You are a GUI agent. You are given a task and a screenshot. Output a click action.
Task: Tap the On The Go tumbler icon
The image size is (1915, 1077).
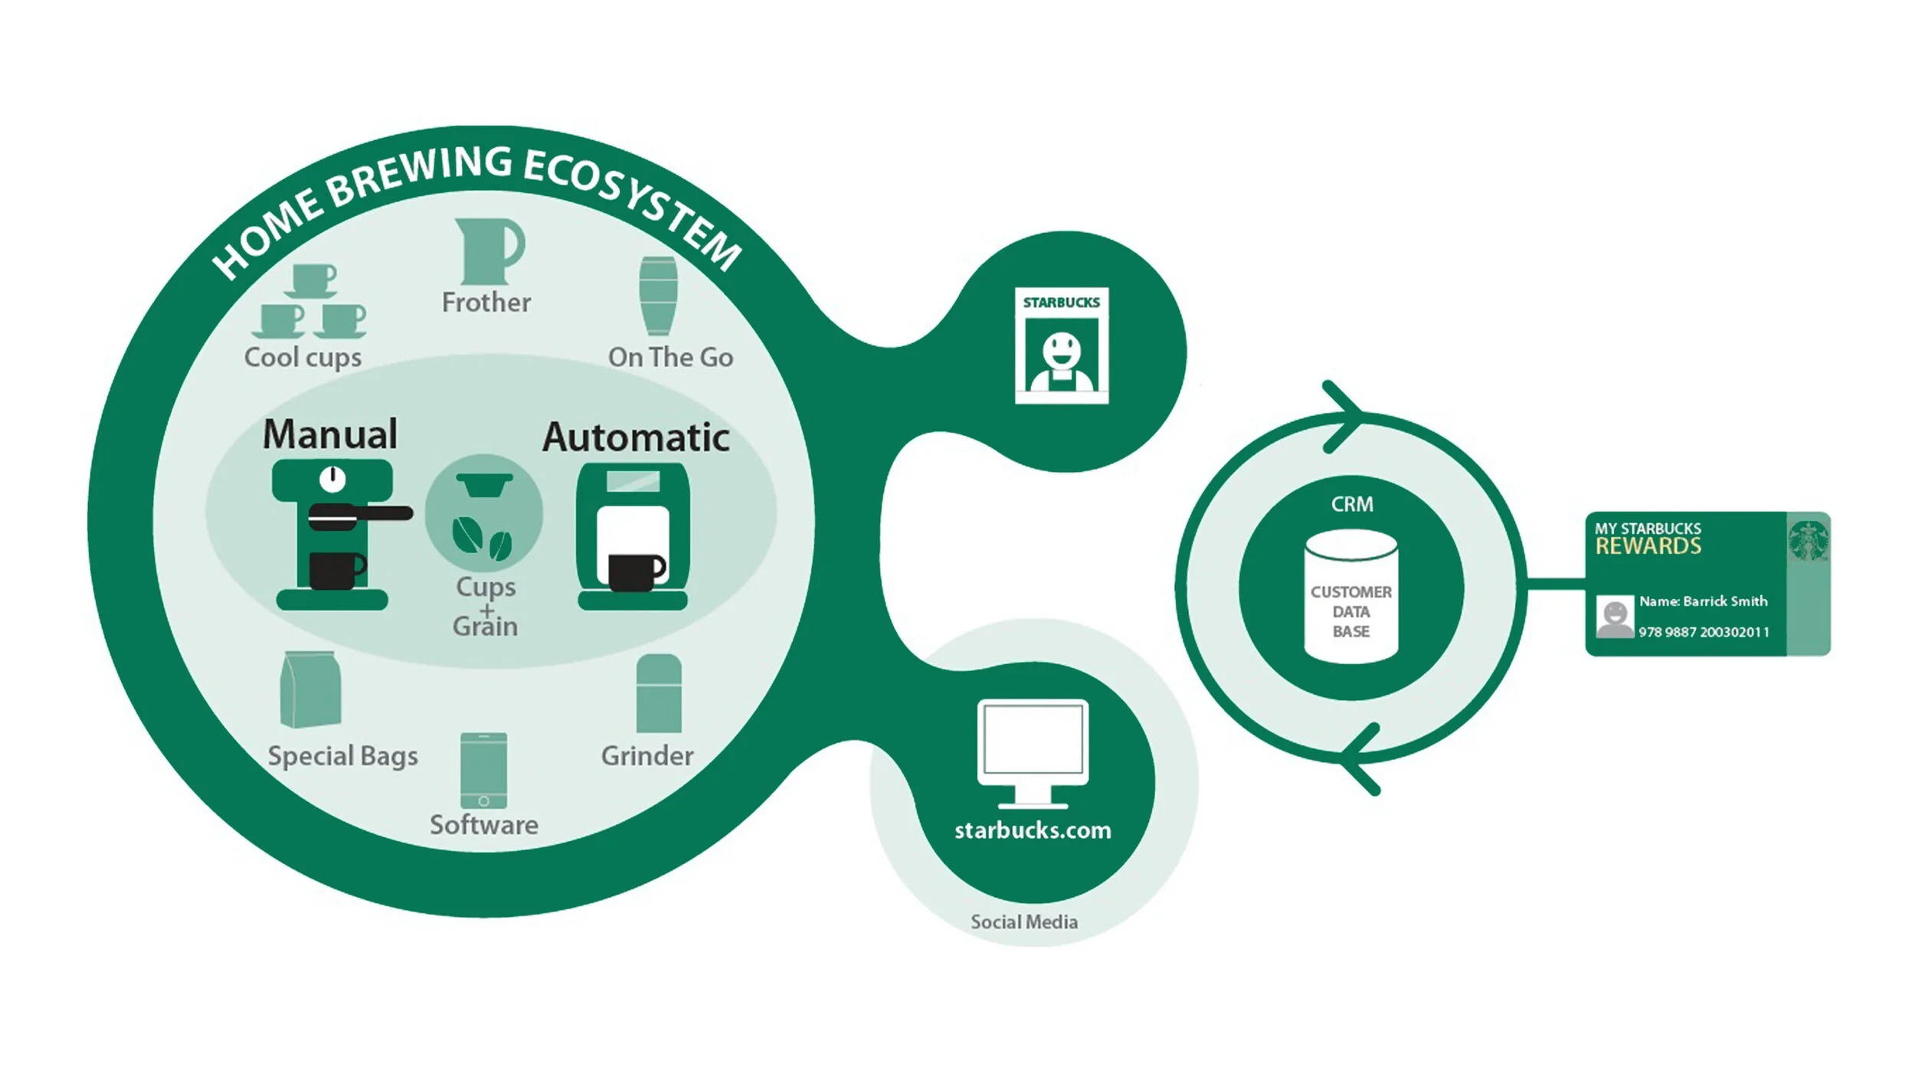(658, 296)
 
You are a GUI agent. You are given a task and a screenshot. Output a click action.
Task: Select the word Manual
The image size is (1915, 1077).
(330, 434)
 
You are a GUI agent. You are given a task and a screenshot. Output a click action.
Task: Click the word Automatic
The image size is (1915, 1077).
(636, 437)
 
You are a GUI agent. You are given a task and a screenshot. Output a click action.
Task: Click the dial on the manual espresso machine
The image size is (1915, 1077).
(332, 479)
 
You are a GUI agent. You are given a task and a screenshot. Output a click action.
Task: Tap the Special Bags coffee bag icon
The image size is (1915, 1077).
(310, 690)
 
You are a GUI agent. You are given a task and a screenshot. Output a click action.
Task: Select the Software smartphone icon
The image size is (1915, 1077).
(483, 771)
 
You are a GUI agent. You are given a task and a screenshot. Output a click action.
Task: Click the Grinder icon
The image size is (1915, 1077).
(658, 694)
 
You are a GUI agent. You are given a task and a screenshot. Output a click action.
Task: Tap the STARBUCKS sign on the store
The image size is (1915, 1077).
(1061, 303)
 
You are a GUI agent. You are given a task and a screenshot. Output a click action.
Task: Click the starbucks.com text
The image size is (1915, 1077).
(1033, 830)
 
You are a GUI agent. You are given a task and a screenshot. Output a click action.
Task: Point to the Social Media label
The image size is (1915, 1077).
(1024, 922)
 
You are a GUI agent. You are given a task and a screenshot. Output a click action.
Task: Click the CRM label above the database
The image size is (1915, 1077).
(1352, 504)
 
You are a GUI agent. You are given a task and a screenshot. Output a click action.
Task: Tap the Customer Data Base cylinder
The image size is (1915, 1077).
(1351, 597)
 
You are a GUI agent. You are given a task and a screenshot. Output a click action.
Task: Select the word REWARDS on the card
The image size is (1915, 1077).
(1648, 546)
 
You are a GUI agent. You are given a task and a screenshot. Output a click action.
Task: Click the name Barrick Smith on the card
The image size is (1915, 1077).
(1724, 601)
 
